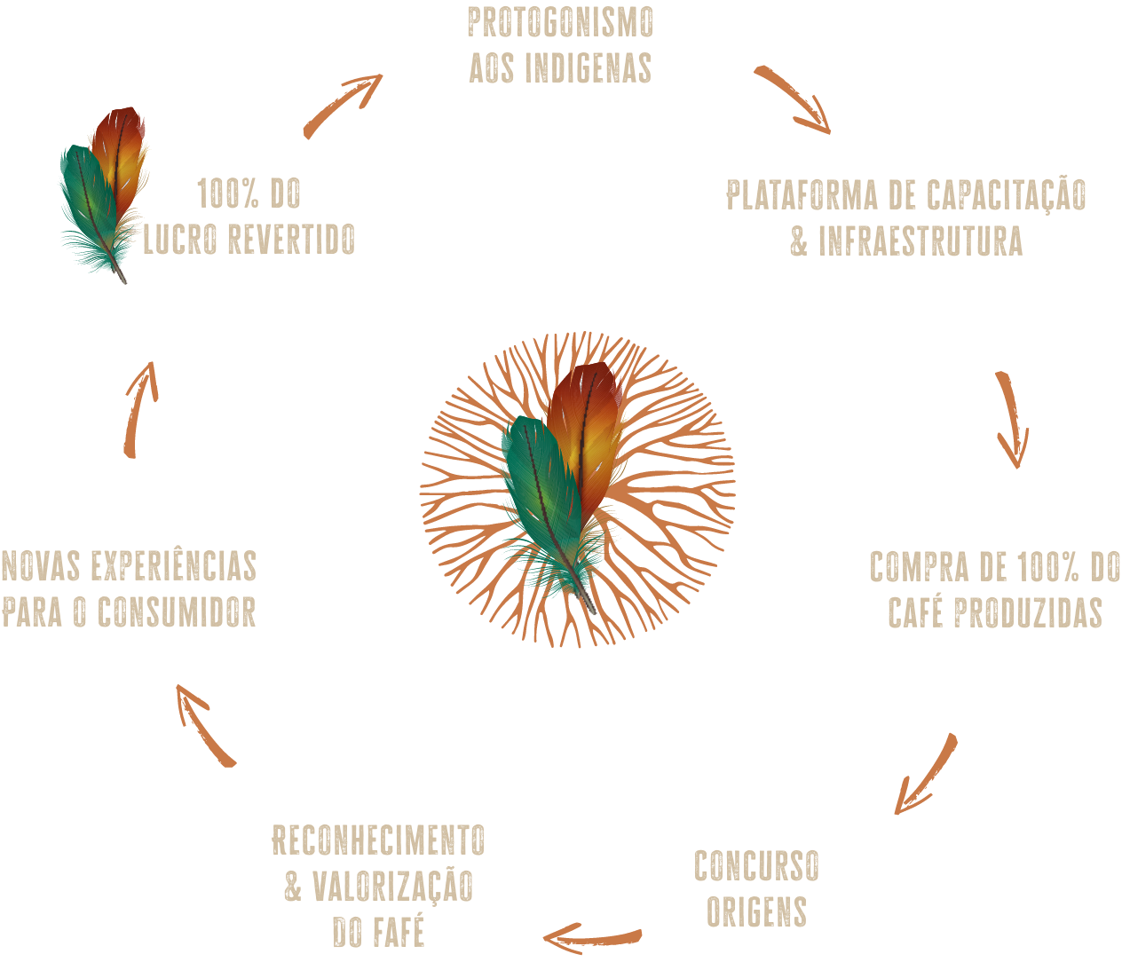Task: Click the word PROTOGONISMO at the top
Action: pyautogui.click(x=560, y=24)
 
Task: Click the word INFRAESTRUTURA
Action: pyautogui.click(x=921, y=241)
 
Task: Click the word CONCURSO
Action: pyautogui.click(x=756, y=866)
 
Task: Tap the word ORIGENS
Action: pyautogui.click(x=756, y=912)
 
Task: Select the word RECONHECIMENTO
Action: pyautogui.click(x=379, y=840)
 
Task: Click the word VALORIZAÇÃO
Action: pyautogui.click(x=393, y=887)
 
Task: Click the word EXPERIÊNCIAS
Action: pyautogui.click(x=174, y=566)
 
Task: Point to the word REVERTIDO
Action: pyautogui.click(x=290, y=240)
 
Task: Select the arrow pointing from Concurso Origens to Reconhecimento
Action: pyautogui.click(x=592, y=937)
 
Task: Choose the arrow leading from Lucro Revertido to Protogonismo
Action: pyautogui.click(x=342, y=104)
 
